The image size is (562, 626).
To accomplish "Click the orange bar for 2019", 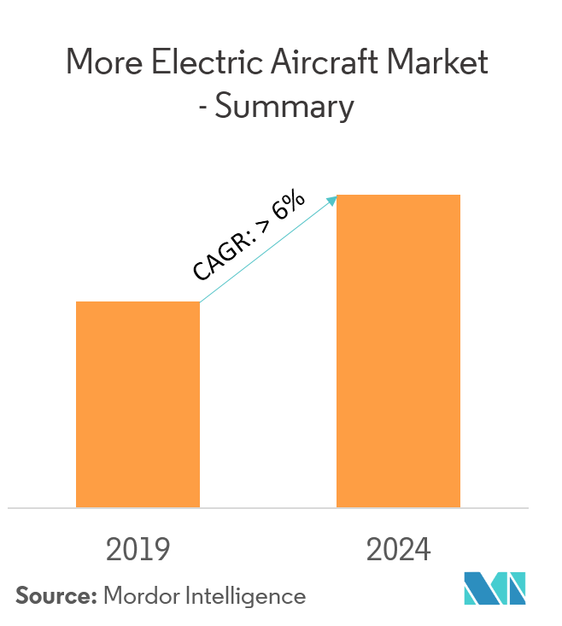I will tap(138, 404).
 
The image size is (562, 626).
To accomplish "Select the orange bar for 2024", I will tap(398, 351).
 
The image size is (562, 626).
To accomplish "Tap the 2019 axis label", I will tap(138, 550).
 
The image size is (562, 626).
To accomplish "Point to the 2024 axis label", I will tap(398, 550).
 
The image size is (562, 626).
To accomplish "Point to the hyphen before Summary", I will tap(220, 108).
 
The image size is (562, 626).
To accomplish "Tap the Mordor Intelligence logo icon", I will tap(495, 589).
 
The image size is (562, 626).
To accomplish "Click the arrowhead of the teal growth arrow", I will tap(333, 199).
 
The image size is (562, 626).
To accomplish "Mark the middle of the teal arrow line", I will tap(266, 250).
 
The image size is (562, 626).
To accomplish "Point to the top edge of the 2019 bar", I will tap(138, 302).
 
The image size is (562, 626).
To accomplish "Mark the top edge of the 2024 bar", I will tap(398, 196).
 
